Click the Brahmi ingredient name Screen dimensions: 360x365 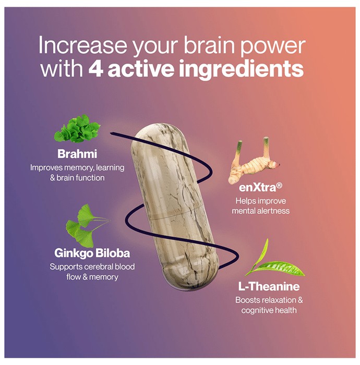click(x=77, y=154)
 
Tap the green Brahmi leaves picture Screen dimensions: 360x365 click(x=77, y=129)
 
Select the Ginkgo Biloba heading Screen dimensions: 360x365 click(x=92, y=253)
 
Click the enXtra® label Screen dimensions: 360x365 click(x=260, y=187)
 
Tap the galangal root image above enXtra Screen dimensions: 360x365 click(x=254, y=162)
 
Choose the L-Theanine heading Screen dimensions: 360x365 click(x=269, y=287)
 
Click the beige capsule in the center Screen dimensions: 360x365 click(x=175, y=205)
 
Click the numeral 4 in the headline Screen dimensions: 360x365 click(x=95, y=69)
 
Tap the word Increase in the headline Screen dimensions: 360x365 click(x=82, y=45)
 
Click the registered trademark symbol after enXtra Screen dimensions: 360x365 click(x=279, y=185)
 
